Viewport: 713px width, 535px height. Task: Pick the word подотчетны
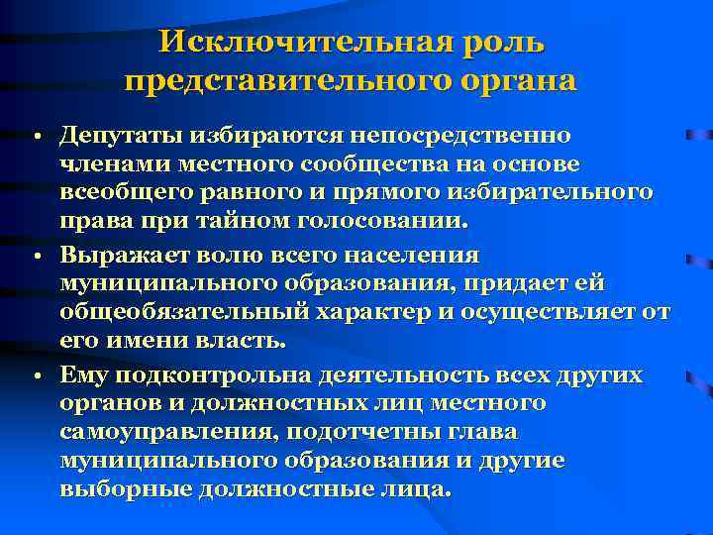pyautogui.click(x=366, y=433)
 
